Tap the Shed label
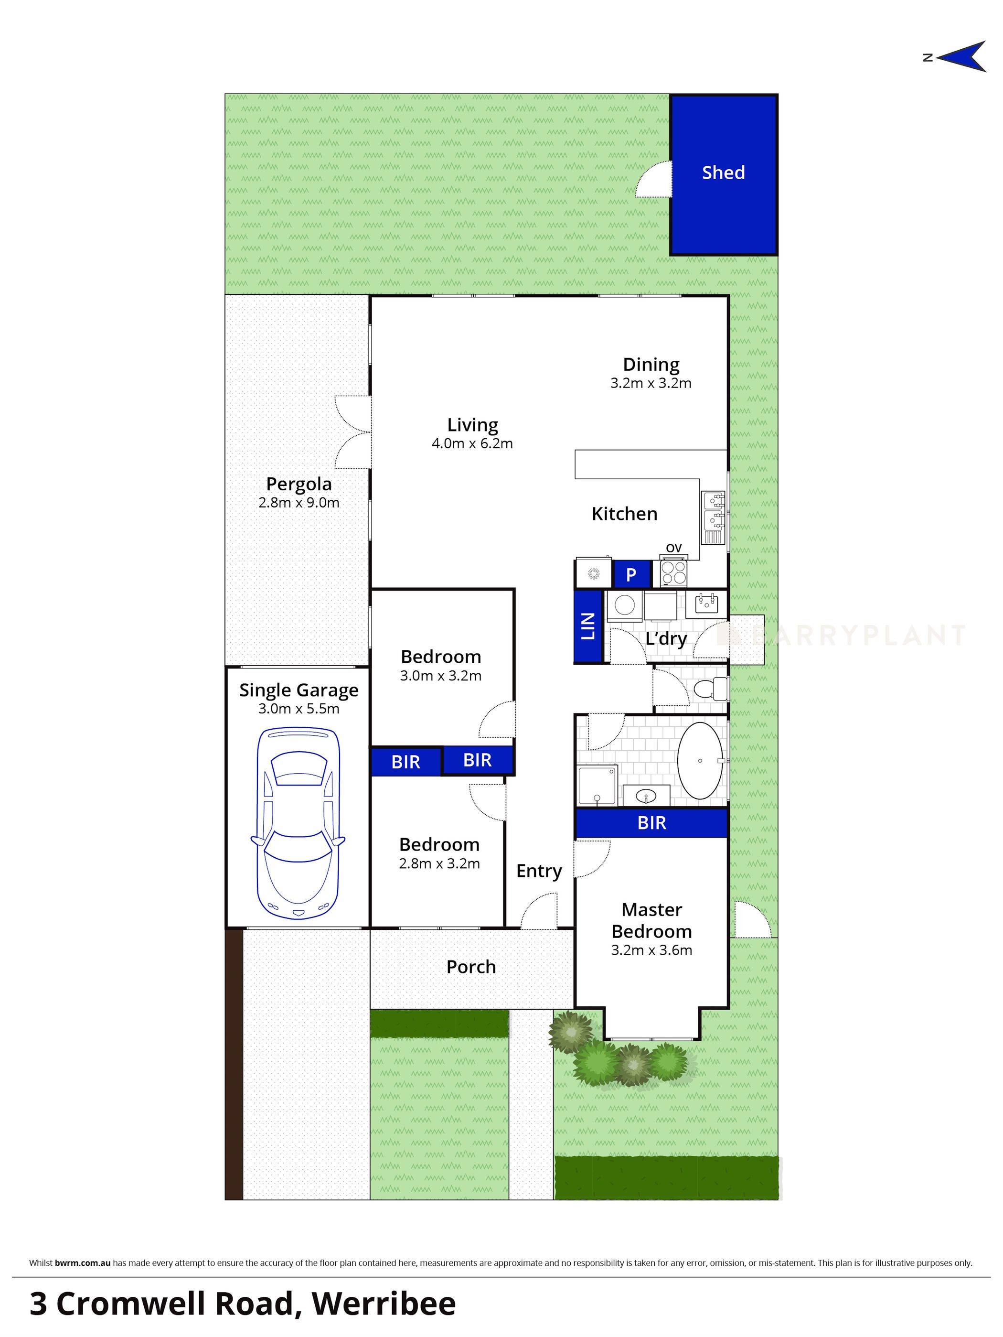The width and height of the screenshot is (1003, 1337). click(x=723, y=173)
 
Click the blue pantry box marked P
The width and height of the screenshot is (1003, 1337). click(x=631, y=575)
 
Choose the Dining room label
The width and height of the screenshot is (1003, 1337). click(x=651, y=365)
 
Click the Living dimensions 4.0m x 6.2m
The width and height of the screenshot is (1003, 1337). click(x=472, y=443)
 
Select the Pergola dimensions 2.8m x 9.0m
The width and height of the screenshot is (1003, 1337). click(x=299, y=503)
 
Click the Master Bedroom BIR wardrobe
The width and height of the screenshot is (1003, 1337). click(x=651, y=823)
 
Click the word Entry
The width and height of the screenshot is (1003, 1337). click(x=539, y=871)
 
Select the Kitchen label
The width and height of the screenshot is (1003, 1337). click(x=624, y=514)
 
